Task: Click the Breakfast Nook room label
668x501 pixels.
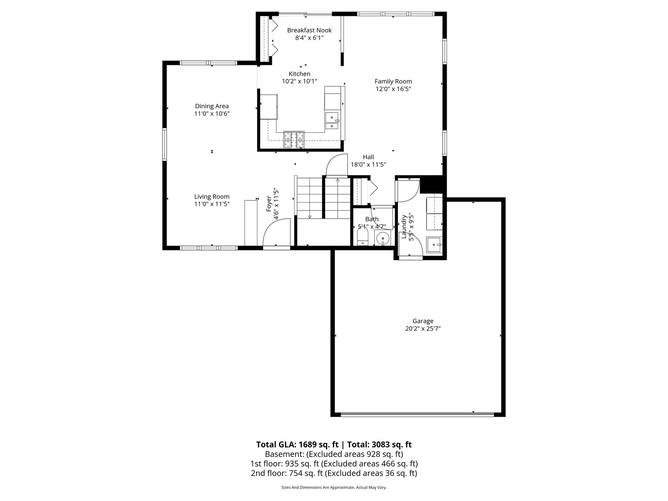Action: click(309, 31)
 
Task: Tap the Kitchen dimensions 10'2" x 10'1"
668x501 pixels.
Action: click(300, 82)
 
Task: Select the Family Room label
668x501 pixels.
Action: click(393, 82)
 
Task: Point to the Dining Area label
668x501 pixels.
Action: click(212, 106)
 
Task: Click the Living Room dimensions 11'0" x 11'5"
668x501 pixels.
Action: click(212, 204)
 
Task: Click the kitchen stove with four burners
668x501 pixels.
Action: click(294, 139)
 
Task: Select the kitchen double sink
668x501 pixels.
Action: click(332, 121)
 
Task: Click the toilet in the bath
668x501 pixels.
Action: click(362, 239)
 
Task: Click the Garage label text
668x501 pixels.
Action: click(423, 321)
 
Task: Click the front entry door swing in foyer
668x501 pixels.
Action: click(276, 234)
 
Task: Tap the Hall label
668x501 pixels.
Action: click(368, 157)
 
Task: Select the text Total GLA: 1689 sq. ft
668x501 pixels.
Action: click(297, 444)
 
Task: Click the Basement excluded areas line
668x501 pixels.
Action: click(334, 454)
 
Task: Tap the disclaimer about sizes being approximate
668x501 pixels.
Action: click(334, 488)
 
